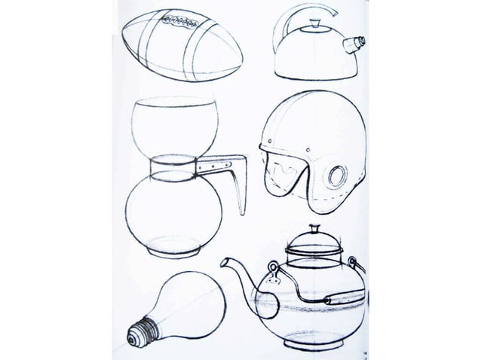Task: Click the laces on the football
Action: click(x=175, y=23)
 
